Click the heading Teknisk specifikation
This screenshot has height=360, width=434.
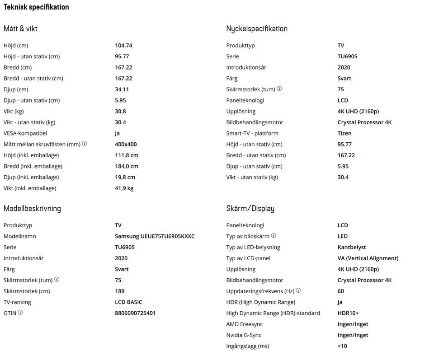click(36, 7)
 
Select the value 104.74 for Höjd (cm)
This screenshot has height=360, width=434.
click(123, 46)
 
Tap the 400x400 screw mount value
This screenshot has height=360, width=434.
click(126, 145)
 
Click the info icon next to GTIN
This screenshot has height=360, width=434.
click(20, 313)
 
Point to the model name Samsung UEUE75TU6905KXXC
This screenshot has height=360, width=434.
click(155, 236)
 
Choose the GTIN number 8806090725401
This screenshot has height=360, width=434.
click(135, 313)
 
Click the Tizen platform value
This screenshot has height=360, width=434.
click(344, 133)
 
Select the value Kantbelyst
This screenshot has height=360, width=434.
click(351, 248)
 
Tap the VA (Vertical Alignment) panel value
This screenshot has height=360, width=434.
click(368, 258)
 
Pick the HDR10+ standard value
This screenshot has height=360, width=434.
click(348, 313)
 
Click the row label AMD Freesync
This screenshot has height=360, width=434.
click(244, 324)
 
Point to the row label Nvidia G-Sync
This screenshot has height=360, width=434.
click(243, 335)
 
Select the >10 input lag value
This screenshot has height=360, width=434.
click(342, 346)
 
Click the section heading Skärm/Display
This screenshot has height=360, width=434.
click(250, 209)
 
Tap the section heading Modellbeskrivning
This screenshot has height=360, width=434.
click(32, 209)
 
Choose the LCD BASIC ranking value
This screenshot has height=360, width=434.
click(128, 302)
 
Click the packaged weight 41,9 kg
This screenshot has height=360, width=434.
click(124, 188)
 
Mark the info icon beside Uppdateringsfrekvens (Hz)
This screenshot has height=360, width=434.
click(298, 291)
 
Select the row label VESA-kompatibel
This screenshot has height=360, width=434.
click(25, 133)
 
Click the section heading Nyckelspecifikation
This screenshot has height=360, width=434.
click(256, 29)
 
